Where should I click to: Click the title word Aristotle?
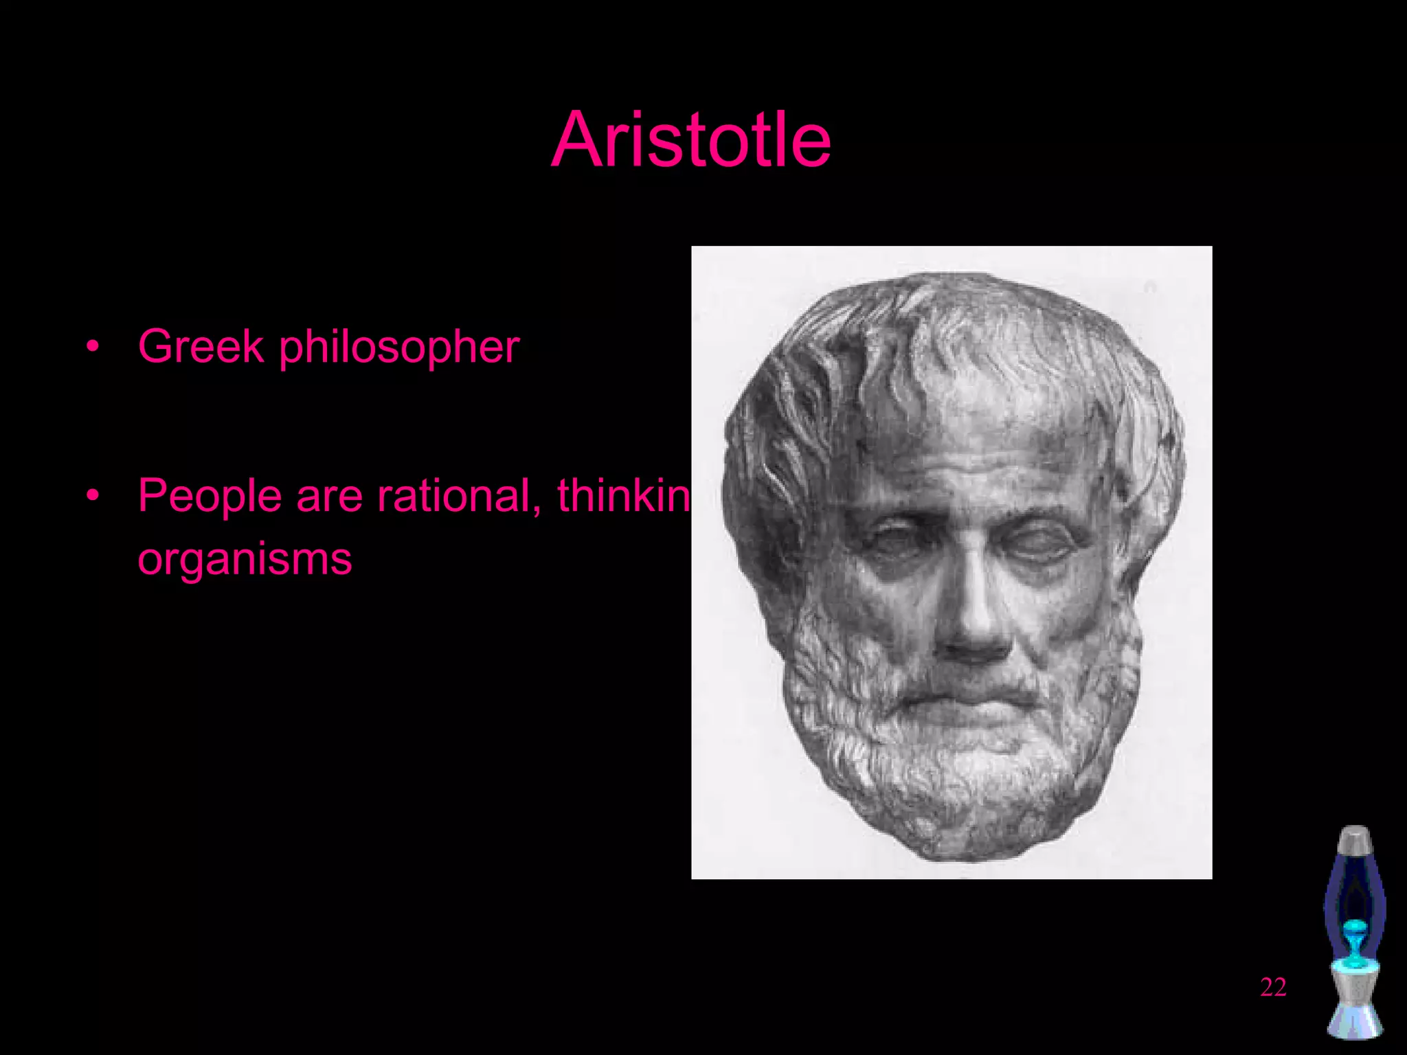click(691, 141)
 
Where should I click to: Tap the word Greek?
click(201, 346)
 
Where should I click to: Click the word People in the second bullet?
click(210, 496)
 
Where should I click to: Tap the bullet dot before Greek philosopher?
click(93, 346)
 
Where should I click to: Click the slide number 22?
click(1273, 987)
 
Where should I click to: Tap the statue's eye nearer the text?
click(893, 539)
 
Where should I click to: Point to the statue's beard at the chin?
click(962, 776)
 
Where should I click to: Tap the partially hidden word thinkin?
click(622, 496)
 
